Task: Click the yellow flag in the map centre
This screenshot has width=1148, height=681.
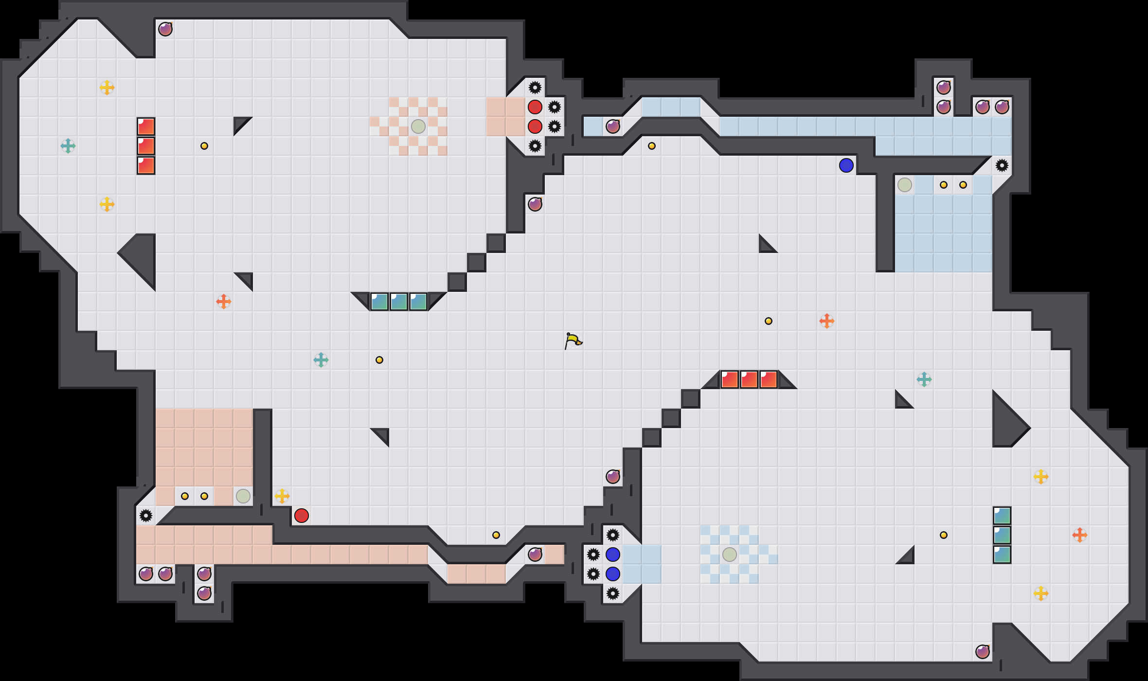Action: (x=573, y=340)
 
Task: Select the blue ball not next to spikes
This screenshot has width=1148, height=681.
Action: (x=846, y=165)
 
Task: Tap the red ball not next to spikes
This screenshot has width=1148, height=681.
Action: (x=301, y=516)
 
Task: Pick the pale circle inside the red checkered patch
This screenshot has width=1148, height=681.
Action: (x=418, y=126)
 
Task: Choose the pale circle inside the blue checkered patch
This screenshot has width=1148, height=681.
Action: (x=729, y=555)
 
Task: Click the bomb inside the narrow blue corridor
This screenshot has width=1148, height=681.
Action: (x=612, y=126)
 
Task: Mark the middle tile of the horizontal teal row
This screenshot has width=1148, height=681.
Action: (x=398, y=302)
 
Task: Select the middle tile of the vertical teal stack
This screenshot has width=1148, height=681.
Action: (x=1002, y=535)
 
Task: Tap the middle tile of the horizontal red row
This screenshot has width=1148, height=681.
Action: (x=749, y=379)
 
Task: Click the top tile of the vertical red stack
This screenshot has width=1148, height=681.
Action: (x=145, y=126)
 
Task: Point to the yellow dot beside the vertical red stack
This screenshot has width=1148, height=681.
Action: (x=204, y=146)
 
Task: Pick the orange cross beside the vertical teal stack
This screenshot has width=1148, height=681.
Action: (x=1079, y=535)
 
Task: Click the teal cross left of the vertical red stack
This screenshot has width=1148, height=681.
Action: (x=68, y=146)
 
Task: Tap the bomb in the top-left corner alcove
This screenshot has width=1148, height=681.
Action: (x=165, y=29)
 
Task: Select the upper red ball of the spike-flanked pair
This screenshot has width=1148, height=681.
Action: (x=535, y=107)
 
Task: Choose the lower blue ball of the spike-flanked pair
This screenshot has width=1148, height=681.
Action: (x=612, y=574)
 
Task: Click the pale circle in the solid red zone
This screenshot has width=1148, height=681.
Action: (x=243, y=496)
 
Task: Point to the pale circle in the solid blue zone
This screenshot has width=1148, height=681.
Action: (x=904, y=185)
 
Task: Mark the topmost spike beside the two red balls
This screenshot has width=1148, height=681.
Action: (x=535, y=88)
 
